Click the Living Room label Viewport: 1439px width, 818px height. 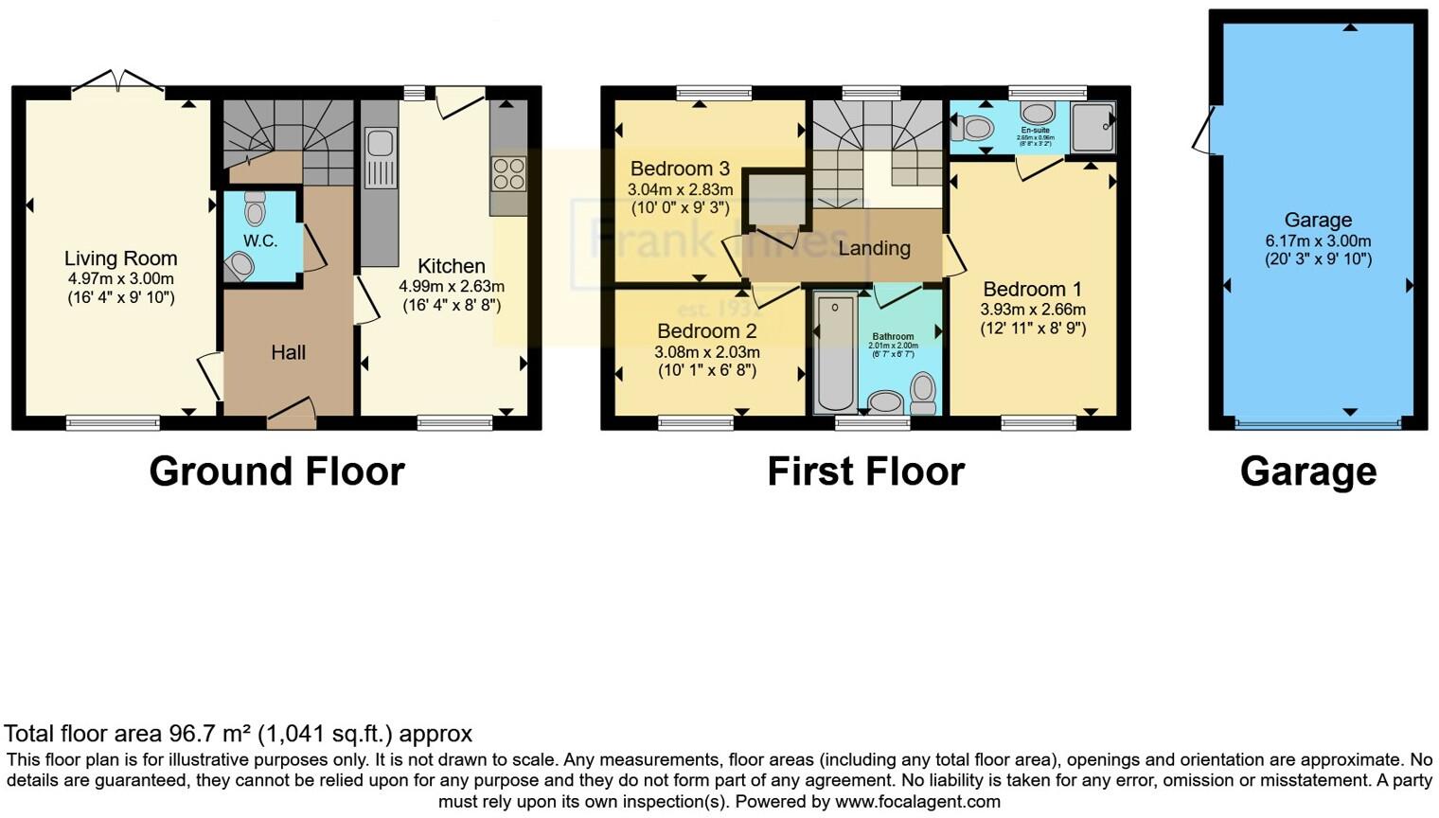pyautogui.click(x=120, y=258)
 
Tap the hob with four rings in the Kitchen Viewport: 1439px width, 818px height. pyautogui.click(x=508, y=175)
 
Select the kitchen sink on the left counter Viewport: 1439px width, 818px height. pyautogui.click(x=380, y=144)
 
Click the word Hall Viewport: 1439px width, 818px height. pyautogui.click(x=288, y=352)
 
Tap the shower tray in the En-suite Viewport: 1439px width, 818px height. pyautogui.click(x=1093, y=127)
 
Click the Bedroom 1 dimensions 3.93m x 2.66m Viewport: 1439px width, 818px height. pyautogui.click(x=1032, y=310)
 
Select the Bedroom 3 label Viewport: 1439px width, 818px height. pyautogui.click(x=680, y=169)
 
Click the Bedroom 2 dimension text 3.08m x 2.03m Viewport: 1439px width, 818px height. pyautogui.click(x=706, y=351)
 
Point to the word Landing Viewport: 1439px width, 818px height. pyautogui.click(x=874, y=248)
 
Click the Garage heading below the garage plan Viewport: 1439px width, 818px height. pyautogui.click(x=1307, y=471)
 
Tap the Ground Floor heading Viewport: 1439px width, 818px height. pyautogui.click(x=276, y=471)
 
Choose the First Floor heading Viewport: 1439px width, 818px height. pyautogui.click(x=865, y=471)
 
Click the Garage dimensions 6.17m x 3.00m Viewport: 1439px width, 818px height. pyautogui.click(x=1318, y=240)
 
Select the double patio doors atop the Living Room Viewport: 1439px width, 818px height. pyautogui.click(x=117, y=83)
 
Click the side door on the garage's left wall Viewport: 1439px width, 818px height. pyautogui.click(x=1204, y=131)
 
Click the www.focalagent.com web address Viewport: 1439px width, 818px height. pyautogui.click(x=917, y=802)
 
